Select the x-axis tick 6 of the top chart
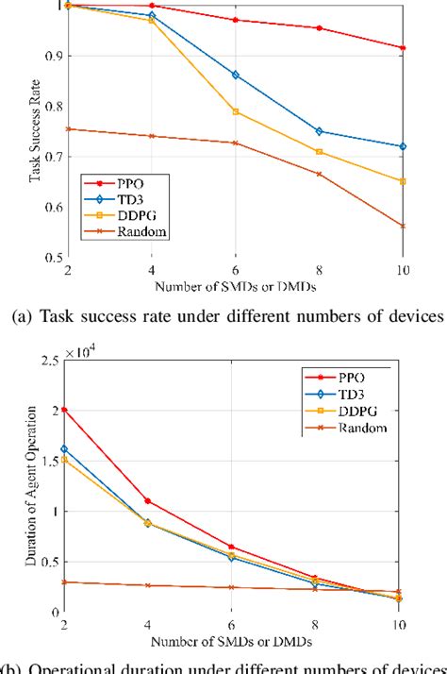(x=235, y=268)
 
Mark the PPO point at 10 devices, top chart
(x=404, y=47)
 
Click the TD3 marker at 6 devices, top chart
(x=235, y=75)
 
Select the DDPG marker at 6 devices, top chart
(x=235, y=111)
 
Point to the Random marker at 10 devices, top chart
(x=404, y=226)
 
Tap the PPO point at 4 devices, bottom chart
(x=148, y=500)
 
